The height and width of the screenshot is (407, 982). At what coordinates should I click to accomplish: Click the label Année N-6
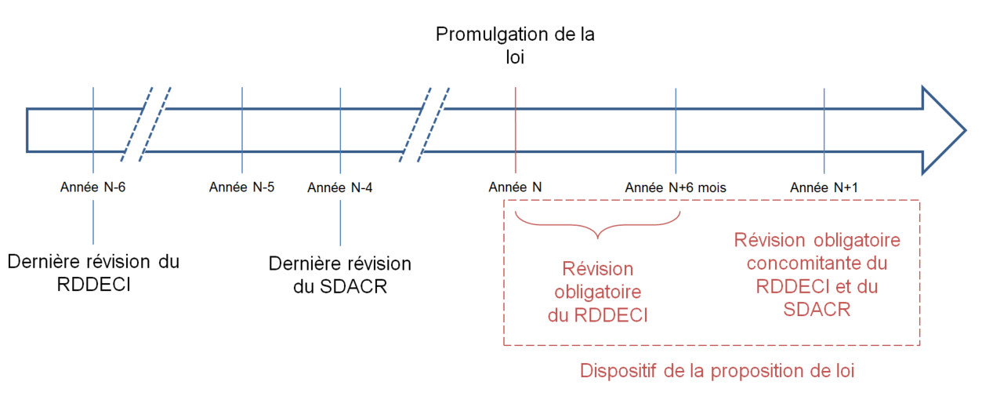(93, 188)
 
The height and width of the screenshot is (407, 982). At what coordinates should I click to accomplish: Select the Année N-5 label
(242, 188)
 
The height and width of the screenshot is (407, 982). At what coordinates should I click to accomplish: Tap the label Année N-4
(340, 188)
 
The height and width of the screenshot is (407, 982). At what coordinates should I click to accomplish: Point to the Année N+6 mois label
(676, 188)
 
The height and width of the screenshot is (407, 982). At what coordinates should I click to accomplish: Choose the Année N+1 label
(824, 188)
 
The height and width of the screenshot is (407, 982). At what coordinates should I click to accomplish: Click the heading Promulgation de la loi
(515, 45)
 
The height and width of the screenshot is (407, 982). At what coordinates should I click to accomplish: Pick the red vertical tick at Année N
(515, 129)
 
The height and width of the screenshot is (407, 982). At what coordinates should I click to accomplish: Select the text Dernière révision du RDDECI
(93, 271)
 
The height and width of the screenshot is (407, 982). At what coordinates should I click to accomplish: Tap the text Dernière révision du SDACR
(340, 275)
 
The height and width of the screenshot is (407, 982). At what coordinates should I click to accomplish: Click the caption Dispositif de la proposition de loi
(716, 371)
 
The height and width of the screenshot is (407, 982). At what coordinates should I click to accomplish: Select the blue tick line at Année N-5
(242, 129)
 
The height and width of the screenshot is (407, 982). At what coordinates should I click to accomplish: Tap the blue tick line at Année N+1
(824, 129)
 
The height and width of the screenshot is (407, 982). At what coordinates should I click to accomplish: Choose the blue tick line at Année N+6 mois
(676, 129)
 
